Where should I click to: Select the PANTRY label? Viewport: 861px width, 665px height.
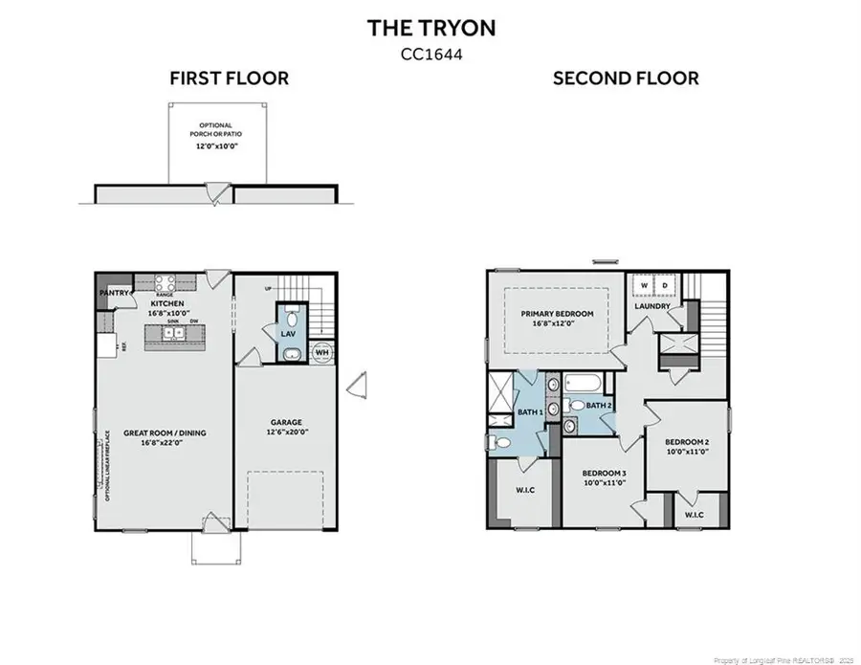(114, 293)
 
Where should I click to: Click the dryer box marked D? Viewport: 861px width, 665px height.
(666, 285)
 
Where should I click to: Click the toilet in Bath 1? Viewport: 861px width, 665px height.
(499, 443)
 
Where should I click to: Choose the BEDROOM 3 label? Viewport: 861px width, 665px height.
(605, 473)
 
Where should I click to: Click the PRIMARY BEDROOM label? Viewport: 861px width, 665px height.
(557, 313)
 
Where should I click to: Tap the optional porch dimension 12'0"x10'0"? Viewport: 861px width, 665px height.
(217, 146)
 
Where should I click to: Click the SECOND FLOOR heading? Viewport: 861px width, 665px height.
(626, 78)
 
